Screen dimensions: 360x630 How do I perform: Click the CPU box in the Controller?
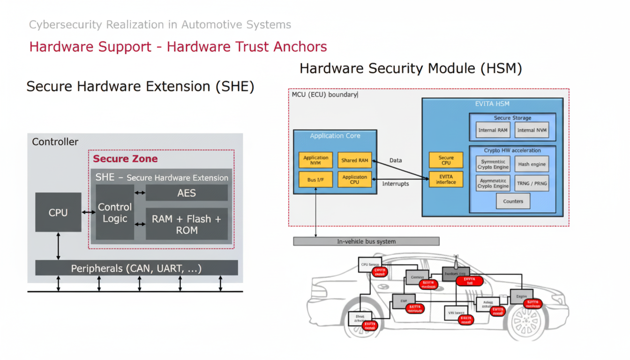tap(58, 212)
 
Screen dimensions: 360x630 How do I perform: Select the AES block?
tap(187, 193)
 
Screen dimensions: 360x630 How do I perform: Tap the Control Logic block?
tap(115, 212)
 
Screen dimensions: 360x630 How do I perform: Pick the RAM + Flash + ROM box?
tap(187, 224)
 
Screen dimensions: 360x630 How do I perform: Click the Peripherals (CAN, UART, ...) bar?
tap(136, 268)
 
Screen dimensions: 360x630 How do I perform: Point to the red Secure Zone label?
tap(125, 158)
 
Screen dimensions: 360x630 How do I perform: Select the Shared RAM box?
tap(354, 160)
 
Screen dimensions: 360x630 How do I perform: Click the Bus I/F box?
tap(315, 180)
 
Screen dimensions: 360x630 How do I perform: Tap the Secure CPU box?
tap(446, 160)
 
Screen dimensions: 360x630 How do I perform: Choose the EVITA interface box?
tap(446, 180)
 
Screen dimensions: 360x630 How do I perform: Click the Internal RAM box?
tap(493, 130)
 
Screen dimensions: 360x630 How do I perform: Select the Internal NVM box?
tap(532, 130)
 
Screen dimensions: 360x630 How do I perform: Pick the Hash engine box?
tap(532, 164)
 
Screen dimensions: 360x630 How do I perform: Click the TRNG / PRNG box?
tap(532, 183)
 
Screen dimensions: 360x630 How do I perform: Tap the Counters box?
tap(513, 201)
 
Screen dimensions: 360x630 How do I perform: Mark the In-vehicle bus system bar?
tap(366, 241)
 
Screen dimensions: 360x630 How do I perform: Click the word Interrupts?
tap(396, 184)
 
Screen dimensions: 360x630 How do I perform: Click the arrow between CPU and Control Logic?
tap(89, 212)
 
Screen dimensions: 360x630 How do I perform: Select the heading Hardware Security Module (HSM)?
tap(411, 68)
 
